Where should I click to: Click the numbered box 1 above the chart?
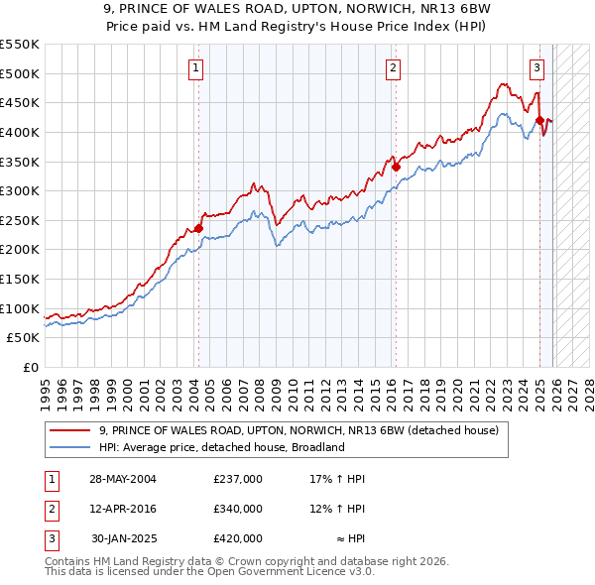[x=196, y=68]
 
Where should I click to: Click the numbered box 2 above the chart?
[x=394, y=68]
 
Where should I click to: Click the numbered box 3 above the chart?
[x=536, y=68]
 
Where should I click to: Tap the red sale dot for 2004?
[x=198, y=228]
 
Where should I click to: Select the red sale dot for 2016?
[x=396, y=168]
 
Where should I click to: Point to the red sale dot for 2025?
[x=540, y=121]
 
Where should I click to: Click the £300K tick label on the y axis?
[x=20, y=190]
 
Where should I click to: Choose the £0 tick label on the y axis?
[x=30, y=367]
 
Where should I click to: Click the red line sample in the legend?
[x=69, y=430]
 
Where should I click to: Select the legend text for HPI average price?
[x=220, y=447]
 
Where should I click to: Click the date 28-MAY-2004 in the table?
[x=123, y=479]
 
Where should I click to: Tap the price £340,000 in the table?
[x=238, y=509]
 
